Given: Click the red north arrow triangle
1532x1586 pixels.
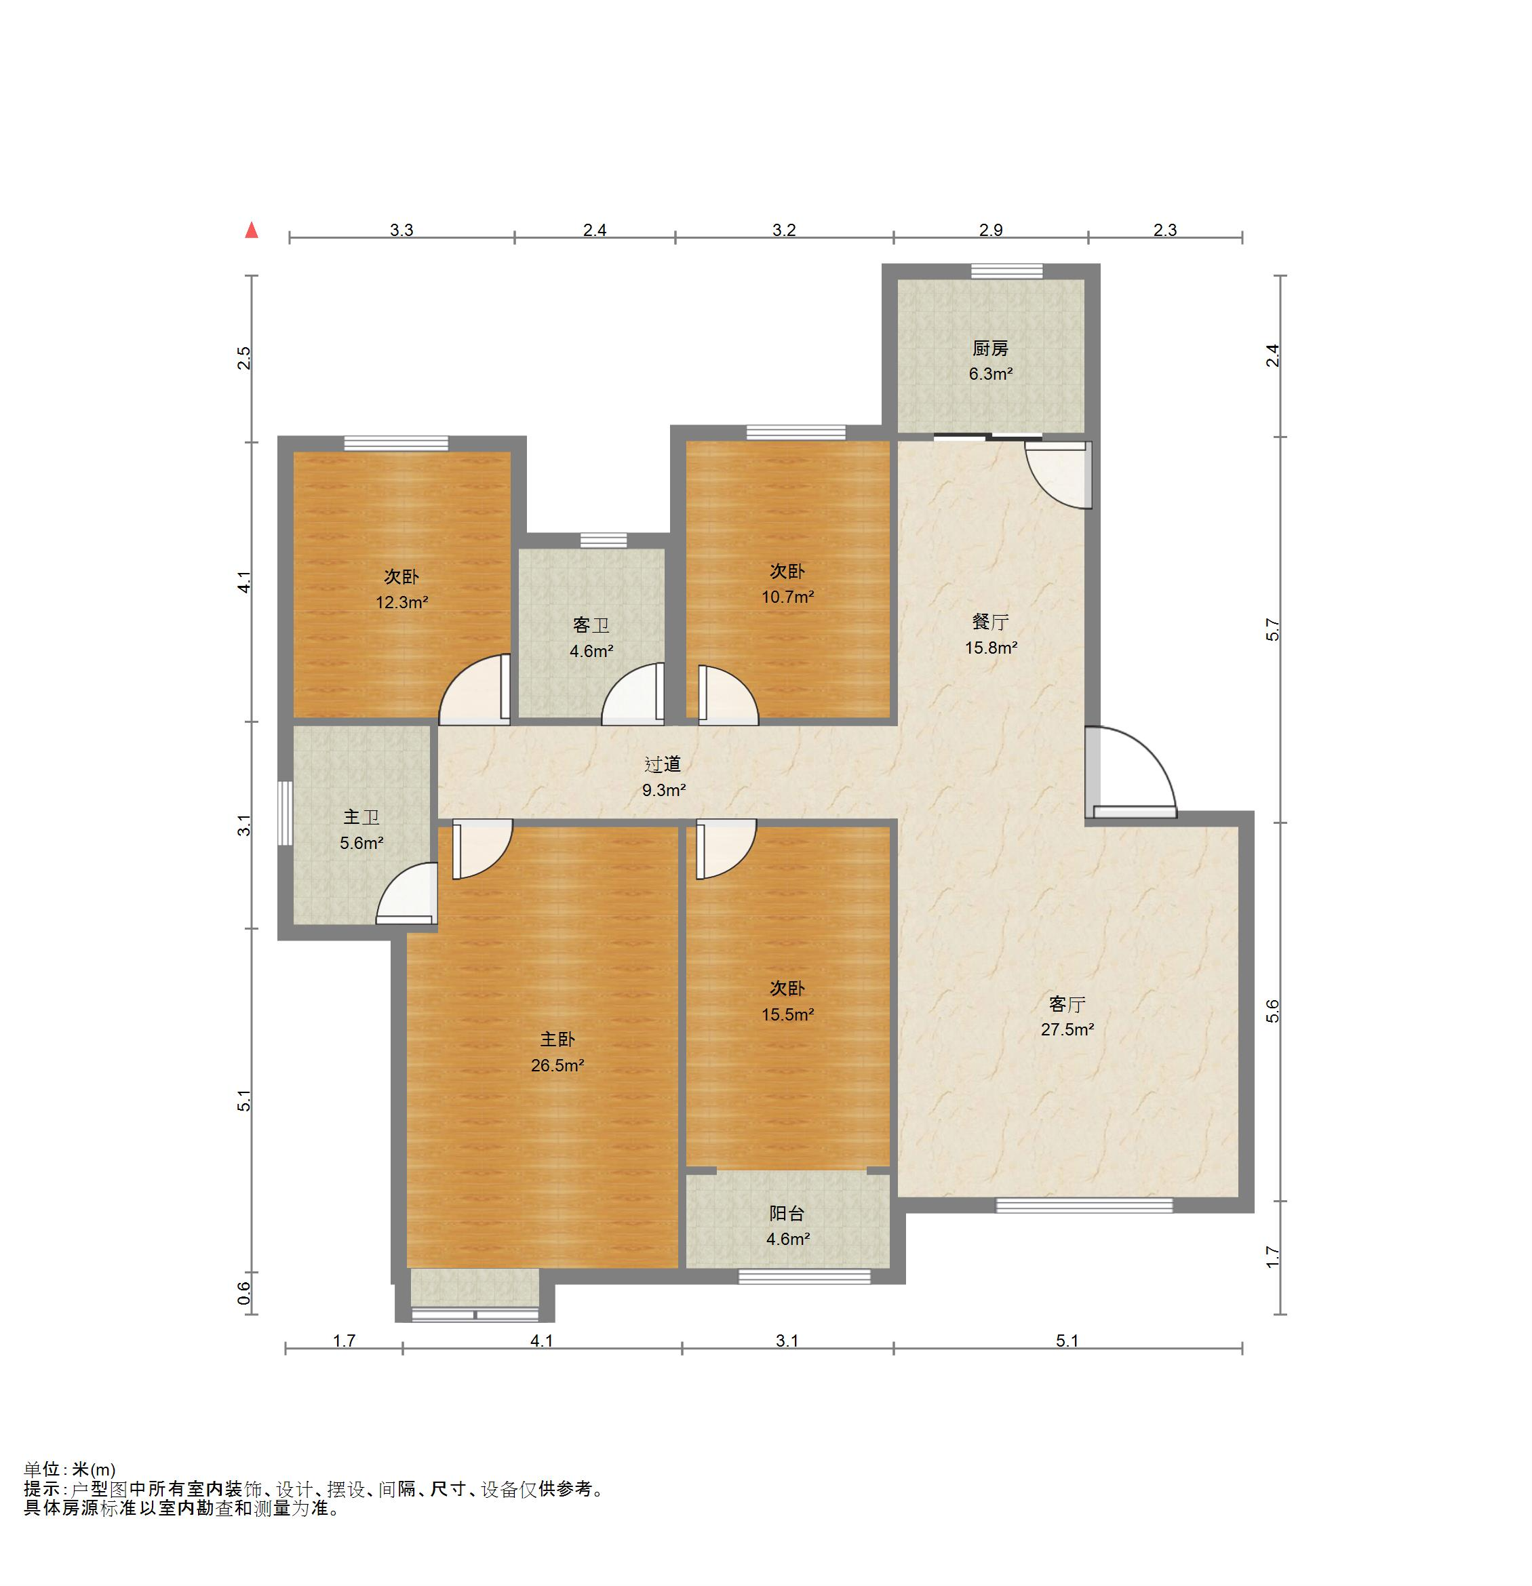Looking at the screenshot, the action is point(252,230).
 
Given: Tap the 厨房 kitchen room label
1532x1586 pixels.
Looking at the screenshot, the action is point(991,349).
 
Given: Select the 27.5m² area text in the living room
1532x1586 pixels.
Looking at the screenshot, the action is point(1067,1029).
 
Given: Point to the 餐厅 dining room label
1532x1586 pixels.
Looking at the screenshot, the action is point(991,622).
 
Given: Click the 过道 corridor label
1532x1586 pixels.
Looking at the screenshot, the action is point(663,764).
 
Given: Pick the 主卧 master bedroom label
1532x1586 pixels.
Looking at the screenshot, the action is point(557,1039).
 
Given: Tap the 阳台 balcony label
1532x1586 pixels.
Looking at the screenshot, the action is point(787,1213).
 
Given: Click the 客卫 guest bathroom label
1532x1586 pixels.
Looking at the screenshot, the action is point(591,625).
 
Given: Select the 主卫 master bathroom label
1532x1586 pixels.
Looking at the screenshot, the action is point(361,817).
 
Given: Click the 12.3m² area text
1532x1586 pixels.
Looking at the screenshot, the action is point(401,602).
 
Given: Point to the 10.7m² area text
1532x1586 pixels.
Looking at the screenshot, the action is point(787,597).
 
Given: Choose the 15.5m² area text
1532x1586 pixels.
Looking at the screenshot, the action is point(787,1014).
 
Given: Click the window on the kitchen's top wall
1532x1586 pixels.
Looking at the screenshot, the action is point(1007,272).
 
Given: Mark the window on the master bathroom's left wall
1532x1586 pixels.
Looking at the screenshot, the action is point(285,813).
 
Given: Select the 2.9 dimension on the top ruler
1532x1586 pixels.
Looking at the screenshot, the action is point(991,230).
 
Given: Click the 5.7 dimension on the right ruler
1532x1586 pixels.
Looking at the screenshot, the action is point(1273,629).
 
